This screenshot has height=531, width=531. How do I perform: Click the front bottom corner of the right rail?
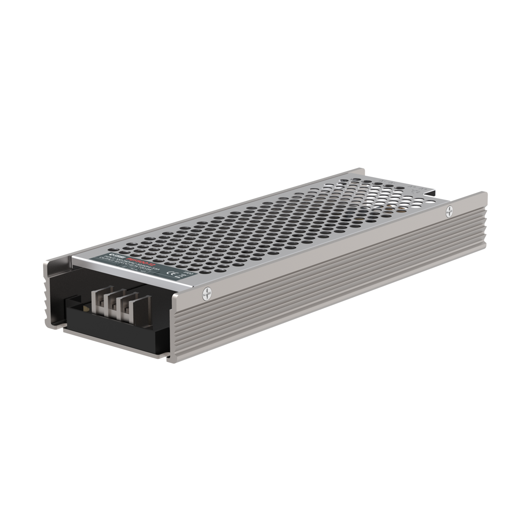point(173,360)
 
